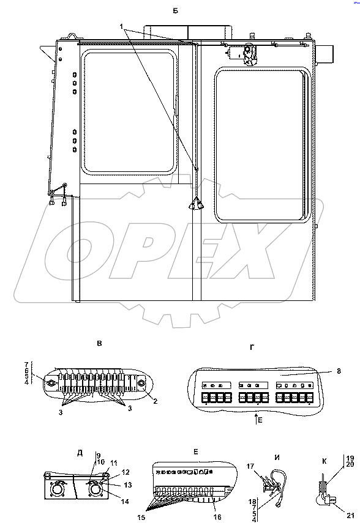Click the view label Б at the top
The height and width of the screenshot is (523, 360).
(175, 11)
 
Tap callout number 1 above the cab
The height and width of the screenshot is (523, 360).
(122, 26)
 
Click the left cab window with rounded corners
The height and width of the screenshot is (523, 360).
(129, 112)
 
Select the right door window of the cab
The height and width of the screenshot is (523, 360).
(263, 145)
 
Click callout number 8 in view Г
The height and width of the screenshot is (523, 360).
(339, 371)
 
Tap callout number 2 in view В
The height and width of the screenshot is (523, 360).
(156, 402)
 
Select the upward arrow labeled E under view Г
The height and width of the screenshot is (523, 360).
(256, 418)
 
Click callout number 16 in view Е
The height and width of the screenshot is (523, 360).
(217, 517)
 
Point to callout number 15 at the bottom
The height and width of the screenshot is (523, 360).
(141, 517)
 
